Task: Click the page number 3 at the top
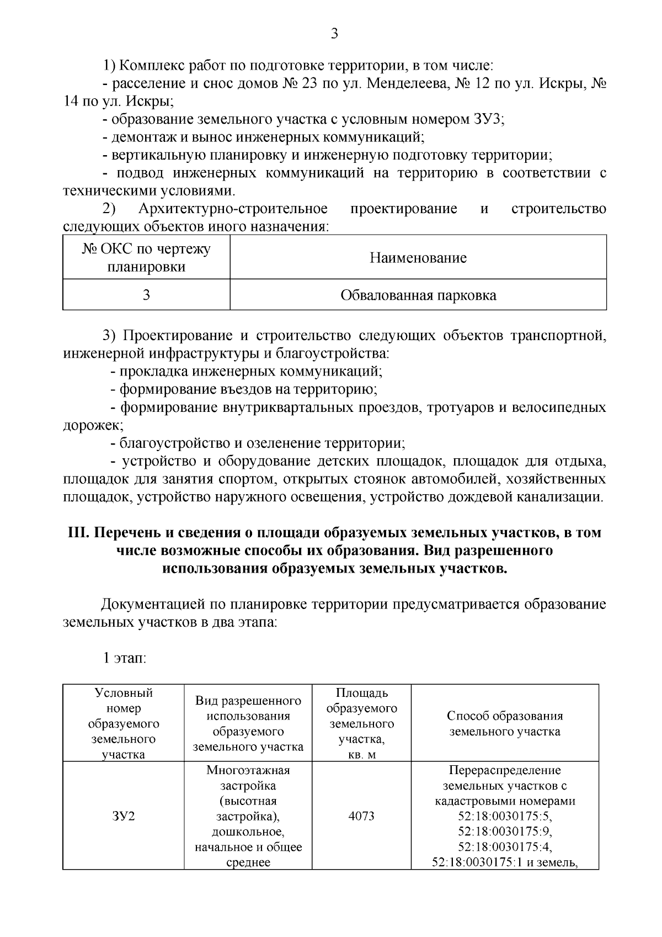(x=334, y=34)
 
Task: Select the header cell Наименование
(x=418, y=258)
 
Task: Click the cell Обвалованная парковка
(x=418, y=295)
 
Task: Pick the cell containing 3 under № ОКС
(x=146, y=295)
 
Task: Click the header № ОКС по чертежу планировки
(x=146, y=258)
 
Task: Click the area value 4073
(x=361, y=816)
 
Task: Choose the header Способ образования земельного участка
(x=504, y=723)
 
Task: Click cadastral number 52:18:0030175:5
(x=504, y=816)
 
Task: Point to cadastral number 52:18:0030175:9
(x=504, y=831)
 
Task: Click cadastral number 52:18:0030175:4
(x=504, y=846)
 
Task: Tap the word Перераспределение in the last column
(x=504, y=770)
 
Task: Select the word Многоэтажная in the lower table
(x=248, y=770)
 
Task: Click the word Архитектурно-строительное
(x=233, y=209)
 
